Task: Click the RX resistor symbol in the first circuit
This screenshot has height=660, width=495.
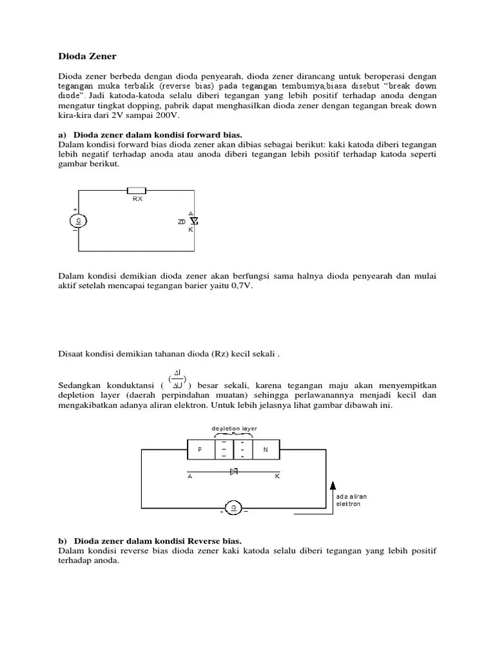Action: (x=137, y=190)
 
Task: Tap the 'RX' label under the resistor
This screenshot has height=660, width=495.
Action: (x=137, y=199)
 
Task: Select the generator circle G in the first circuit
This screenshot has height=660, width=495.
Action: (x=79, y=220)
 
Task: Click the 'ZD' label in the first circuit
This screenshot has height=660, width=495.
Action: (x=181, y=222)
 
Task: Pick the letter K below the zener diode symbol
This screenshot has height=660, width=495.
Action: (x=191, y=229)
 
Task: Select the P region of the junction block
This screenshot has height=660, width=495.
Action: (x=200, y=450)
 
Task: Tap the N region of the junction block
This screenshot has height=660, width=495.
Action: (x=266, y=450)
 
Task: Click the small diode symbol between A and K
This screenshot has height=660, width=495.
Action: (x=234, y=472)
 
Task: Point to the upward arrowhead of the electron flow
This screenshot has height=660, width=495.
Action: (x=333, y=485)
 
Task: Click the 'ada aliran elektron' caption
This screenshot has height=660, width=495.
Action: (x=349, y=501)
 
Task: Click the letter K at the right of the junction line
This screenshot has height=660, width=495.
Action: (x=278, y=478)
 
